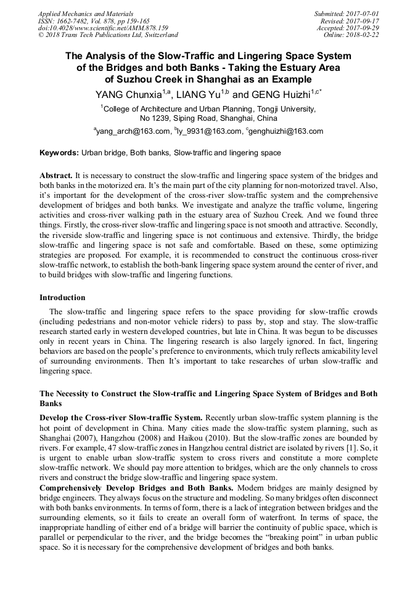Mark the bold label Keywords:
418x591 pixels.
click(59, 153)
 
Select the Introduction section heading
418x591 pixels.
click(62, 298)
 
